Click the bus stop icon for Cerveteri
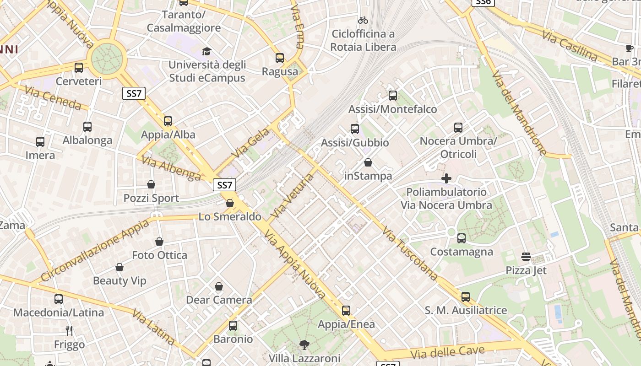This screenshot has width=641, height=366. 79,68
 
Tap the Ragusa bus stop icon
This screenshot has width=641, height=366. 280,58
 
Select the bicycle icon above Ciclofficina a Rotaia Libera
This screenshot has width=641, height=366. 363,20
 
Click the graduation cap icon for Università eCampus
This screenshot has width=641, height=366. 207,51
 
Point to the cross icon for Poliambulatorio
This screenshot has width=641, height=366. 446,178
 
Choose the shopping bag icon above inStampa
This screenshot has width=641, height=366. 368,162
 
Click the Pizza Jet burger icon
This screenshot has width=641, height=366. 526,257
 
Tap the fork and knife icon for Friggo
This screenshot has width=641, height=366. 69,330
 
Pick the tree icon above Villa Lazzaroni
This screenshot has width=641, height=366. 304,344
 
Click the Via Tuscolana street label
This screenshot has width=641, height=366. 410,253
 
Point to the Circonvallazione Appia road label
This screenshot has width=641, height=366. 95,251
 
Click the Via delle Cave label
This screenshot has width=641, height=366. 447,352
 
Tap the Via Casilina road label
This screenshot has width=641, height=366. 570,46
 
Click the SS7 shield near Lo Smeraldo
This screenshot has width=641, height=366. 224,185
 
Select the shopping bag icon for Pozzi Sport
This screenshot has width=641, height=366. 151,184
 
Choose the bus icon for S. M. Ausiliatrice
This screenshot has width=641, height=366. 466,297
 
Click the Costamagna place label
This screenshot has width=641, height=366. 462,252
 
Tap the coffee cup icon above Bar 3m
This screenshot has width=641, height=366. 630,48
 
